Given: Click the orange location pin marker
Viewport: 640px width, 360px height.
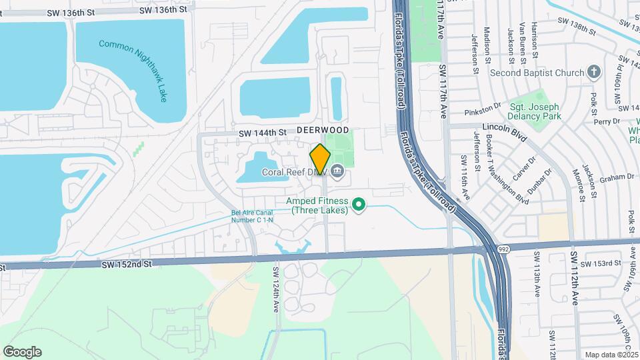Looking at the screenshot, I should (320, 159).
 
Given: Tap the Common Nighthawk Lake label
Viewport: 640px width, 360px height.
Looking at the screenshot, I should (133, 69).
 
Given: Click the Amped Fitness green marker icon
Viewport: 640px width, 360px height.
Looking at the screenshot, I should (359, 205).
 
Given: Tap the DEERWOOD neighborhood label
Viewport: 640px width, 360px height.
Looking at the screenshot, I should (323, 129).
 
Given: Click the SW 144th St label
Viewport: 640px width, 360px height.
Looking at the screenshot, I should (263, 133).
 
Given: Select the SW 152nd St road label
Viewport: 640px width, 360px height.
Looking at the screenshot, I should (127, 264).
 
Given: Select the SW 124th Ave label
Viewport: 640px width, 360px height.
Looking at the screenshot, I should (275, 287).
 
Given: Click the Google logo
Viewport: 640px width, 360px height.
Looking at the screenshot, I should (22, 352).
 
